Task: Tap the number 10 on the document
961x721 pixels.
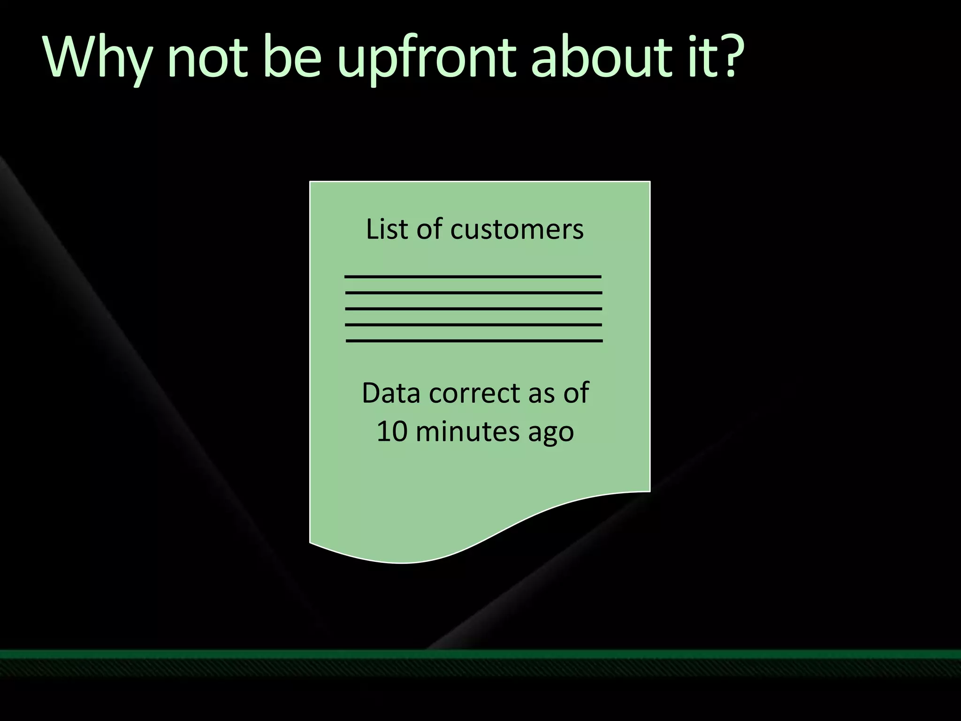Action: click(x=392, y=431)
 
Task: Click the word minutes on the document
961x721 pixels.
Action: click(x=467, y=431)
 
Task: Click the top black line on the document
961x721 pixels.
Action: click(x=473, y=277)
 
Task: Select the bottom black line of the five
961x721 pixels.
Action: click(x=474, y=341)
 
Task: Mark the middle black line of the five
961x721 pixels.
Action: click(x=474, y=309)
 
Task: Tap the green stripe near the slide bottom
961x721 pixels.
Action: click(x=480, y=654)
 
